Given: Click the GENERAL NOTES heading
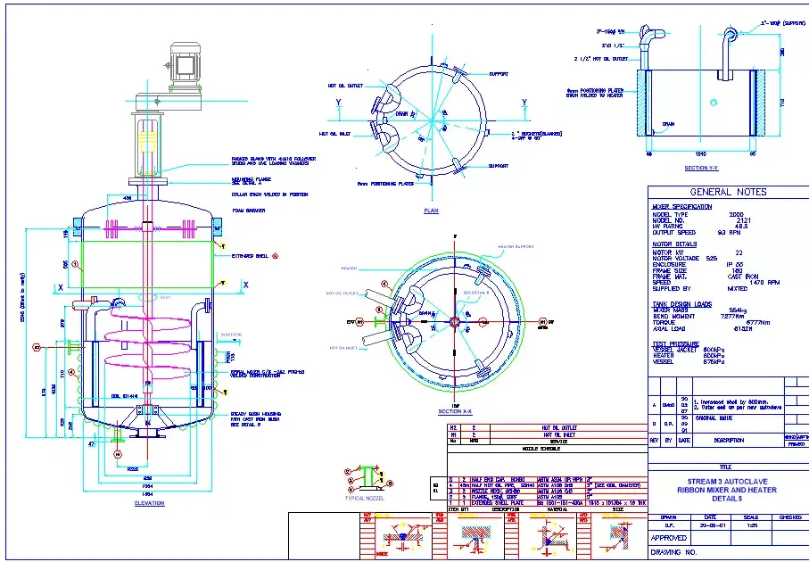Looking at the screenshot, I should tap(728, 192).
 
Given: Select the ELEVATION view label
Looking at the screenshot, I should tap(149, 504).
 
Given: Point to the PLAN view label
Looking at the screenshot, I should tap(431, 211).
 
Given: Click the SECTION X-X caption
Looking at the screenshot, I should tap(455, 411).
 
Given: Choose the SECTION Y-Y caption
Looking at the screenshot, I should tap(700, 168).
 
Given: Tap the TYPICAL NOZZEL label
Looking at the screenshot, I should tap(364, 498).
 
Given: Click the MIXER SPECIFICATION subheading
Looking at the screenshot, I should tap(682, 207).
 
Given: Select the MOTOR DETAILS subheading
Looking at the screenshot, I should tap(674, 243).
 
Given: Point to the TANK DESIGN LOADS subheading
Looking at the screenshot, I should tap(681, 303).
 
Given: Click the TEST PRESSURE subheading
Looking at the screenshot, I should tap(675, 343).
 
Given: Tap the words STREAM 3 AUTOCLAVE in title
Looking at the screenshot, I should tap(727, 483).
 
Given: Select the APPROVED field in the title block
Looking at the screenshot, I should tap(668, 538).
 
